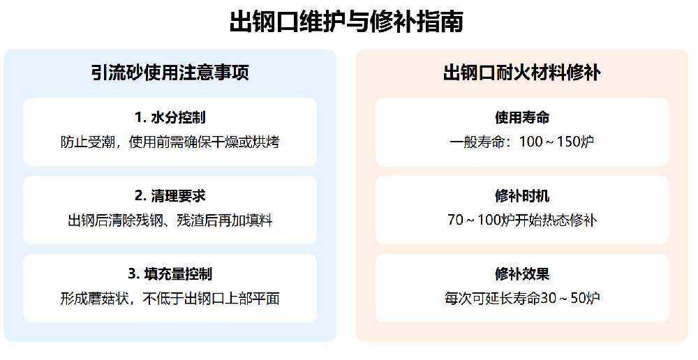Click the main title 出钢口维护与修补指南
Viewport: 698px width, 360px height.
(346, 22)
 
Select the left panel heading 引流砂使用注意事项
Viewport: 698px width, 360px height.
(170, 73)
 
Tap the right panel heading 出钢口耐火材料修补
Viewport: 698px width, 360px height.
(522, 73)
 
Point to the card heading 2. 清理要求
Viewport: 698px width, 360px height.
(170, 195)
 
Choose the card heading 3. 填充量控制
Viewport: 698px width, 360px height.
(170, 273)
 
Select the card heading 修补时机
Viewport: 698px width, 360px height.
(522, 195)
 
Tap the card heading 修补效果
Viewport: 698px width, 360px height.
(522, 273)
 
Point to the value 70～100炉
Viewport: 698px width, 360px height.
(481, 220)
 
